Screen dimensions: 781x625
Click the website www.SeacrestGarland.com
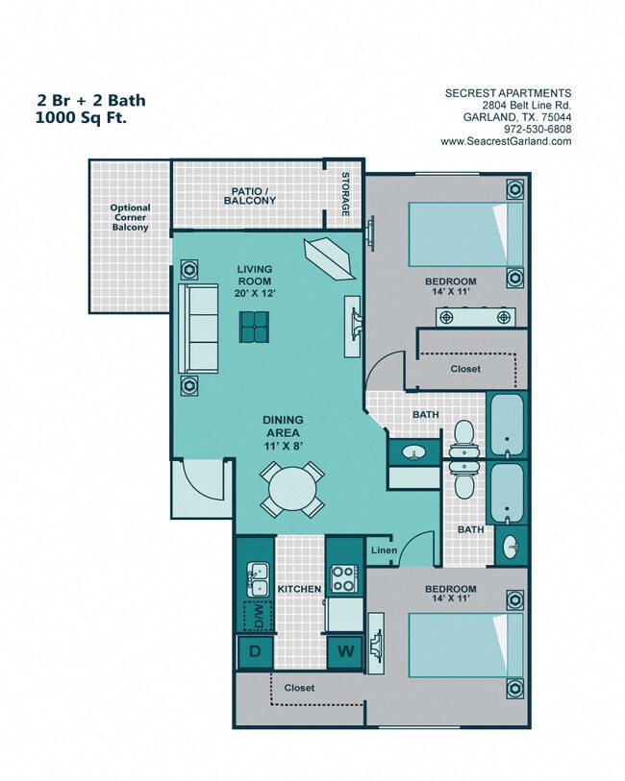[x=506, y=141]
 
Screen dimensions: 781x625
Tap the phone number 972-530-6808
[x=537, y=129]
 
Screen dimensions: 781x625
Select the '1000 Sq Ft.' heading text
[x=81, y=118]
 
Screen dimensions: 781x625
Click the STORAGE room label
[x=345, y=194]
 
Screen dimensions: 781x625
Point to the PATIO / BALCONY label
[x=253, y=196]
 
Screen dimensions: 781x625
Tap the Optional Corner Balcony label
[x=129, y=218]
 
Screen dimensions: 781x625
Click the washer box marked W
[x=344, y=651]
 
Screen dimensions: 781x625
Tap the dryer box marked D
[x=255, y=651]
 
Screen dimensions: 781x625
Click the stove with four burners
[x=343, y=578]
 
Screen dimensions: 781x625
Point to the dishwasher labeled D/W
[x=257, y=617]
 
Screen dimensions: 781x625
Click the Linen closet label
[x=382, y=550]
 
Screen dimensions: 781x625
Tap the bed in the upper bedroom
[x=466, y=233]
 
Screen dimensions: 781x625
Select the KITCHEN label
[x=298, y=588]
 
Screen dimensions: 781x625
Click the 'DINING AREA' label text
[x=284, y=427]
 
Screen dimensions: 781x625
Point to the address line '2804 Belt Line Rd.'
[x=520, y=105]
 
